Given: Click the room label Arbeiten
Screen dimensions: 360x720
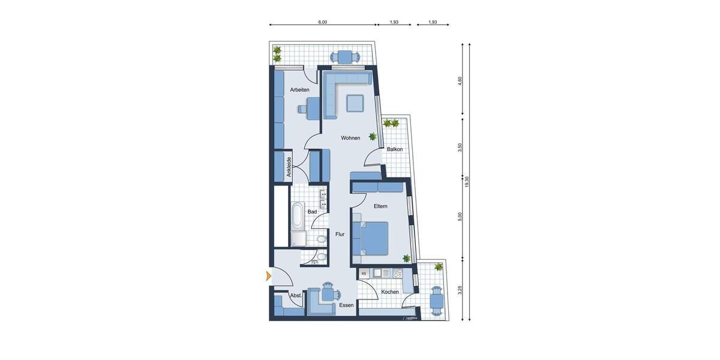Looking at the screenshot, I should (299, 90).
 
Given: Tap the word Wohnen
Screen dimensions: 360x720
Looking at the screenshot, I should (350, 138).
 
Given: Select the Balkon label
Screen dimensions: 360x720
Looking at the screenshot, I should (394, 149).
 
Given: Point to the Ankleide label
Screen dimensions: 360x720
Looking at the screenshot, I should (289, 166).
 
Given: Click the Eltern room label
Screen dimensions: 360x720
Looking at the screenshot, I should (380, 206).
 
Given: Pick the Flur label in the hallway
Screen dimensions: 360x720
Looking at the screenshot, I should (340, 235).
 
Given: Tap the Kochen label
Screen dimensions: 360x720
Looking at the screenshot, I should (390, 292).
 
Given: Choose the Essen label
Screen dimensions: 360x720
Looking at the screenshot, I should (346, 305).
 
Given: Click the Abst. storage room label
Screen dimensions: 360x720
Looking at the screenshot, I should (295, 296).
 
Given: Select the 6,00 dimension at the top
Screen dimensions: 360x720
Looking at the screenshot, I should (322, 22).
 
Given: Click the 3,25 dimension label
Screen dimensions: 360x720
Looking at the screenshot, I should (460, 290).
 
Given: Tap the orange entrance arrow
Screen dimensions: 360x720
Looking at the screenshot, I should (268, 276).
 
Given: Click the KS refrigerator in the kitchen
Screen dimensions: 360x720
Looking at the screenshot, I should (364, 274).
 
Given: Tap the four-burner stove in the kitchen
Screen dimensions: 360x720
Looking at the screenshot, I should (397, 274).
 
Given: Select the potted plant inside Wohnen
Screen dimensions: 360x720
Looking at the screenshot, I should (373, 136).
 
